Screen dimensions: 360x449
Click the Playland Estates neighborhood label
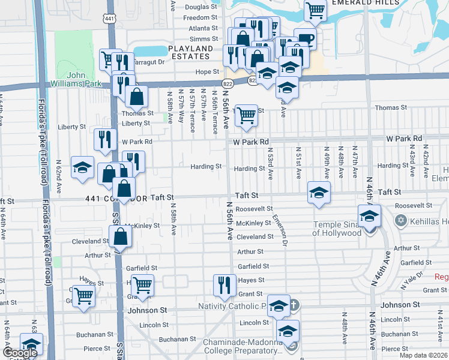(x=191, y=52)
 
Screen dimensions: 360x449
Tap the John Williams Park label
(x=84, y=79)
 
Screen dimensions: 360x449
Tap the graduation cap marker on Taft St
(x=318, y=193)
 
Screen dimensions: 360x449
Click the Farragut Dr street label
(x=147, y=62)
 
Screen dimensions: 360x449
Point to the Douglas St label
(x=200, y=7)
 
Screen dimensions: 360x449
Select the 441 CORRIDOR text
(x=116, y=197)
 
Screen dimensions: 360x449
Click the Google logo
(x=20, y=353)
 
